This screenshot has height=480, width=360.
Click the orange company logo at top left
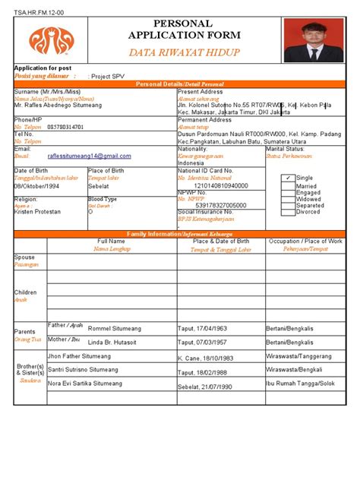tap(52, 39)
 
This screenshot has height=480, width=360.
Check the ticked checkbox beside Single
tap(287, 178)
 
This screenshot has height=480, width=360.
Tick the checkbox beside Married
tap(287, 185)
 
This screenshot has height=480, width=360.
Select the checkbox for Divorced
tap(287, 212)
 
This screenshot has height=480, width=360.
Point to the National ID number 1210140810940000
tap(221, 185)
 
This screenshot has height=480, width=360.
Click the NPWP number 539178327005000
tap(221, 205)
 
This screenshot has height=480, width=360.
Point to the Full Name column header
tap(111, 241)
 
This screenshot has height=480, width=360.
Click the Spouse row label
tap(24, 257)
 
